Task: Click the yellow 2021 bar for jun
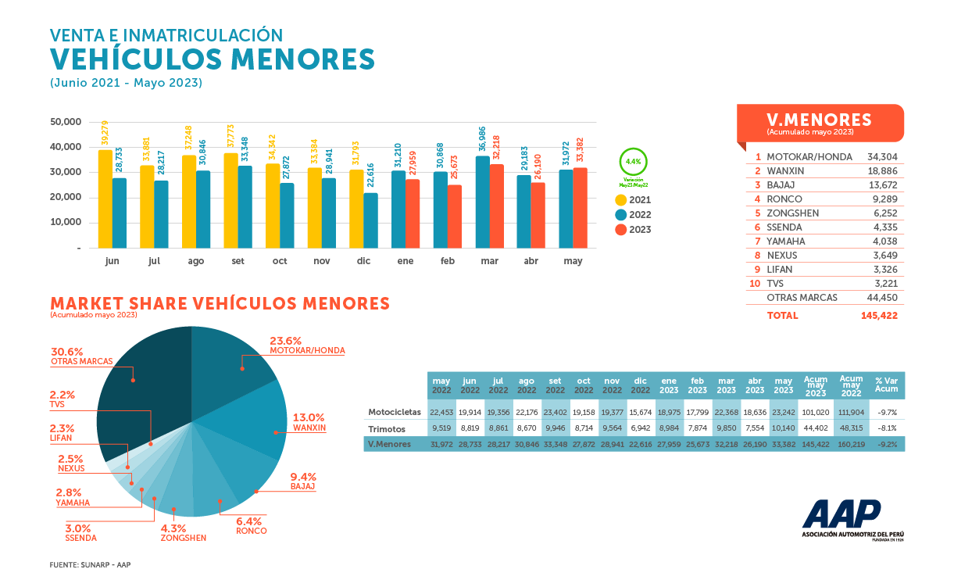coord(105,199)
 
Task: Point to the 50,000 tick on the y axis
coord(66,122)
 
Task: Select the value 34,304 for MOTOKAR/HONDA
coord(882,157)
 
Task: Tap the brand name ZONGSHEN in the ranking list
coord(793,213)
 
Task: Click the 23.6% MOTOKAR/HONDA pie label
coord(306,345)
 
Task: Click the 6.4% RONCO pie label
coord(251,526)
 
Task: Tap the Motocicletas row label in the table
coord(395,412)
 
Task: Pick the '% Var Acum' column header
coord(885,385)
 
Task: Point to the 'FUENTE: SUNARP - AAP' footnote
coord(91,564)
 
